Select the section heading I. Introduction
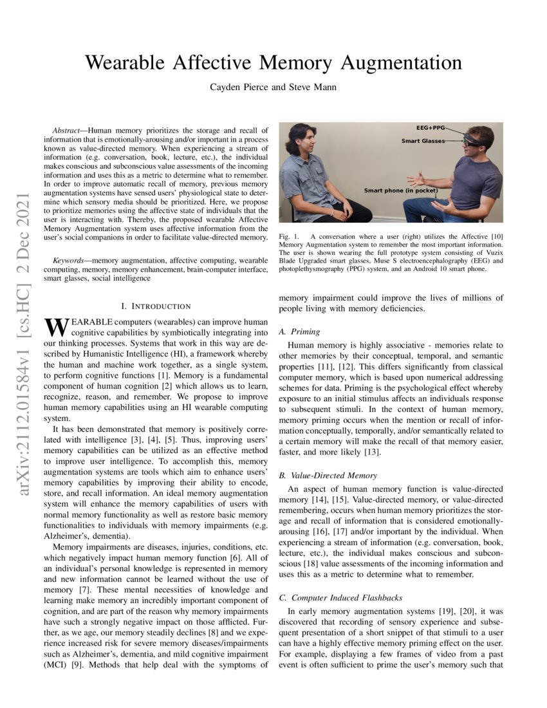click(156, 306)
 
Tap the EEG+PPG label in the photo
click(431, 129)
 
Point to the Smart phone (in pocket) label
click(401, 191)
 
